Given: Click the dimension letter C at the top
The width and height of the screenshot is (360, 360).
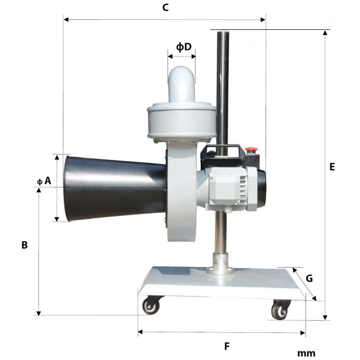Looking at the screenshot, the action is (x=166, y=8).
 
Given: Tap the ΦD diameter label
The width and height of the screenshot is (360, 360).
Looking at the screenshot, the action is (x=184, y=47).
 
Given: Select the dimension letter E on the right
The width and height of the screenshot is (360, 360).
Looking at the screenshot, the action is (x=332, y=167).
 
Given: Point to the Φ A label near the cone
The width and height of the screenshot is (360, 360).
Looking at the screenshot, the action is (x=44, y=181).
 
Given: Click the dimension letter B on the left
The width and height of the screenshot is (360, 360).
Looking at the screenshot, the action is (x=24, y=245).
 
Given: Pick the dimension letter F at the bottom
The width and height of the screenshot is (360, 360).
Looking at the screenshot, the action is (x=227, y=346).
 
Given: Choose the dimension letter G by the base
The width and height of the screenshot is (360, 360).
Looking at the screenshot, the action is (x=309, y=278).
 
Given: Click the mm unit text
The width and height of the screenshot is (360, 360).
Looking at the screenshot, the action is (x=306, y=353).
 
